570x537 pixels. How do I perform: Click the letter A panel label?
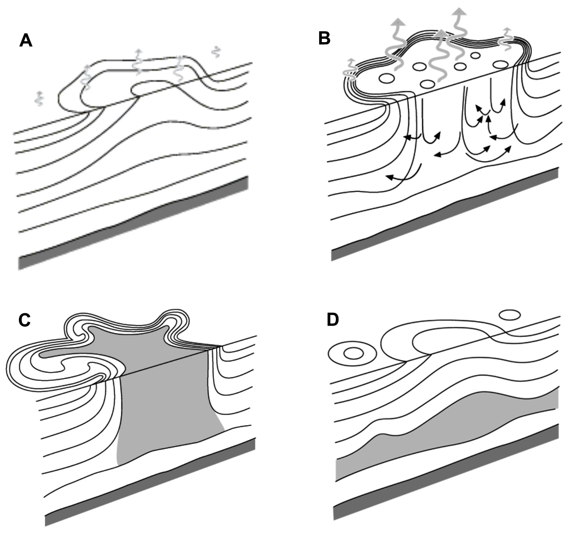click(x=25, y=40)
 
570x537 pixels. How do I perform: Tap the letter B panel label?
click(x=324, y=38)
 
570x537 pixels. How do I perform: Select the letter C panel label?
click(x=25, y=320)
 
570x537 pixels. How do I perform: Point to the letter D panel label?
click(x=332, y=320)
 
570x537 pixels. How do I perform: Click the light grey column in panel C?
click(x=161, y=402)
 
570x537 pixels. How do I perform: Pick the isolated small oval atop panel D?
click(x=510, y=315)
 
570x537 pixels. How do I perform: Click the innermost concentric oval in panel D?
click(x=353, y=353)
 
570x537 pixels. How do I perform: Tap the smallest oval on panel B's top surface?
click(x=476, y=55)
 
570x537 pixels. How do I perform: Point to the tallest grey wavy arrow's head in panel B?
click(x=460, y=6)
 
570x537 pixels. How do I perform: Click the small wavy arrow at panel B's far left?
click(x=350, y=69)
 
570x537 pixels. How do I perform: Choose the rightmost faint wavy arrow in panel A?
click(x=216, y=51)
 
